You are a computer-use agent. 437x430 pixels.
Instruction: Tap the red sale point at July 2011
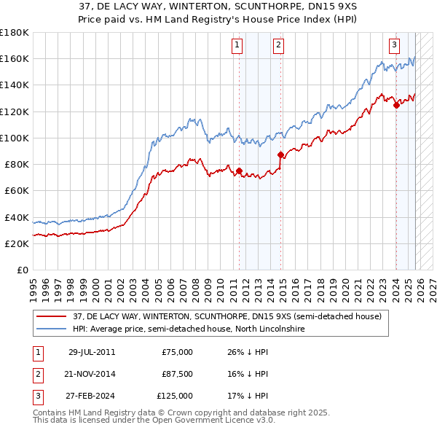[x=239, y=171]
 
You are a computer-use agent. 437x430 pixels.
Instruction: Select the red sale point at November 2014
[x=280, y=155]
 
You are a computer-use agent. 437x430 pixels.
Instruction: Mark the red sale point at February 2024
[x=396, y=105]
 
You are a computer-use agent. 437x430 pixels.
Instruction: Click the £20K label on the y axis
[x=16, y=243]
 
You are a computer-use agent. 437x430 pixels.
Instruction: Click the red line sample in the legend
[x=52, y=316]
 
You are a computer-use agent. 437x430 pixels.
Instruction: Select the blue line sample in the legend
[x=52, y=329]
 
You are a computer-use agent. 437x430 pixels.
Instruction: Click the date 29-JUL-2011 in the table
[x=91, y=352]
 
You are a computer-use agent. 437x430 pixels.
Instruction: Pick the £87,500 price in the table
[x=177, y=374]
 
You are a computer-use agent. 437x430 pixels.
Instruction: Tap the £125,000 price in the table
[x=175, y=396]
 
